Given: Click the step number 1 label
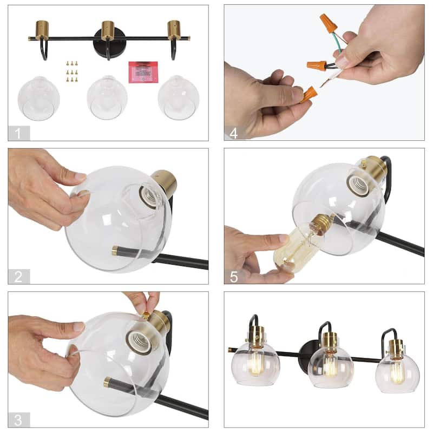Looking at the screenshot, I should (x=18, y=133).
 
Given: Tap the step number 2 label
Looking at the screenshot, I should (x=18, y=277).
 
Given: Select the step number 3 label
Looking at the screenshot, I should (x=18, y=419).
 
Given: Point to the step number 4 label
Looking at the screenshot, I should (x=234, y=133).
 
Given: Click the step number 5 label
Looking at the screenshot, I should (x=234, y=277).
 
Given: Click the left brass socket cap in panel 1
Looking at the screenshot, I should (x=43, y=30).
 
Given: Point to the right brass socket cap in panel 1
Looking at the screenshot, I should (x=174, y=29).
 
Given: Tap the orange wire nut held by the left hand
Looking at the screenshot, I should (x=309, y=94).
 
